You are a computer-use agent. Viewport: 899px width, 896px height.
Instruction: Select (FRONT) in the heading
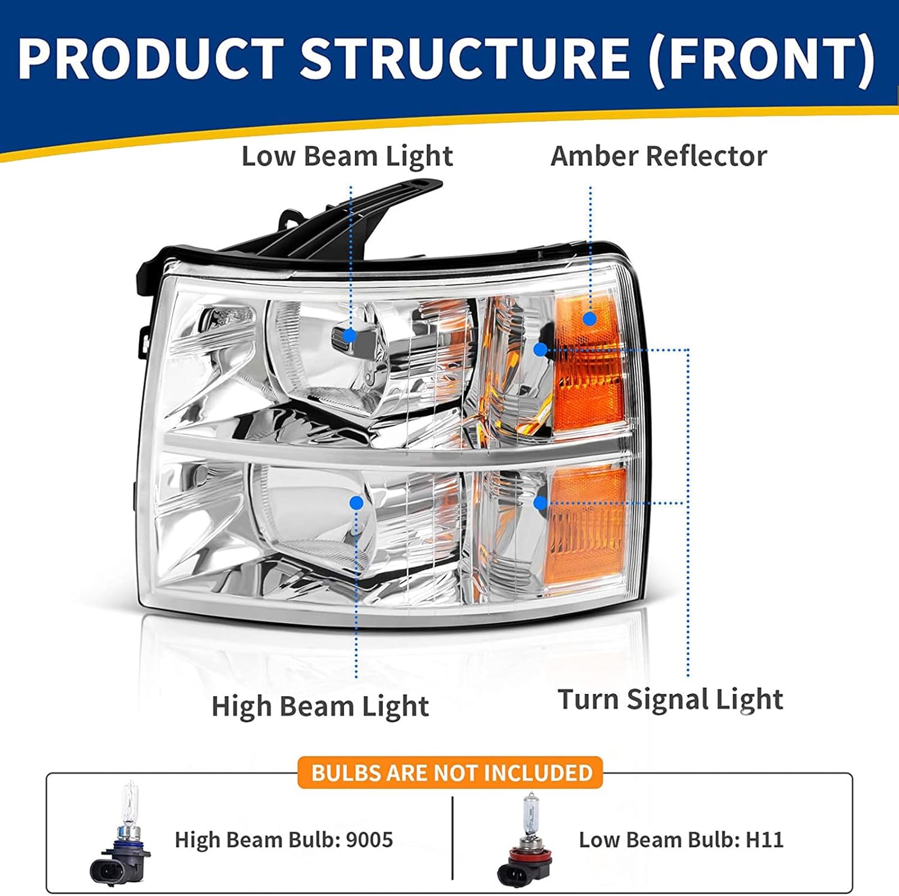tap(762, 59)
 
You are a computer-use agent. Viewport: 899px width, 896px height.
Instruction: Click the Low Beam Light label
tap(347, 157)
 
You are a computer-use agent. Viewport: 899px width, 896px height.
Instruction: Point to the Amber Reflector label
tap(658, 157)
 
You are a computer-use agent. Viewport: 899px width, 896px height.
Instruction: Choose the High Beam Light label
tap(320, 706)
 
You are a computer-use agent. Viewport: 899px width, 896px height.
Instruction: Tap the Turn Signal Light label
tap(670, 699)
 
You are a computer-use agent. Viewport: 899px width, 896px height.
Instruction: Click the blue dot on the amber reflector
tap(590, 318)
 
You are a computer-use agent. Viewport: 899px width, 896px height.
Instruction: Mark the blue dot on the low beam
tap(349, 335)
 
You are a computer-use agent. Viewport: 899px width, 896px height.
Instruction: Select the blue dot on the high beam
tap(357, 503)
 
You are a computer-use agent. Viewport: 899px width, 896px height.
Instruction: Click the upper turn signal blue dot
tap(541, 349)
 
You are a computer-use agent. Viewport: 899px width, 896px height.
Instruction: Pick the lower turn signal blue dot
tap(541, 503)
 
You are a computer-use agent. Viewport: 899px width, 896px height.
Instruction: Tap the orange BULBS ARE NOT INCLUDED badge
tap(451, 772)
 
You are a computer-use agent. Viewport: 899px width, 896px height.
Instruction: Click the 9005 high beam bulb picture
tap(120, 837)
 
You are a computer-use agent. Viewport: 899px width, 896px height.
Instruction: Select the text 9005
tap(369, 840)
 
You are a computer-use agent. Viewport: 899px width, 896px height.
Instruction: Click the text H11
tap(764, 840)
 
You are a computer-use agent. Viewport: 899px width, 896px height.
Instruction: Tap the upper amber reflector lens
tap(587, 366)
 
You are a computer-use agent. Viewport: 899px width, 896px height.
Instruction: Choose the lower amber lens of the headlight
tap(587, 528)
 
